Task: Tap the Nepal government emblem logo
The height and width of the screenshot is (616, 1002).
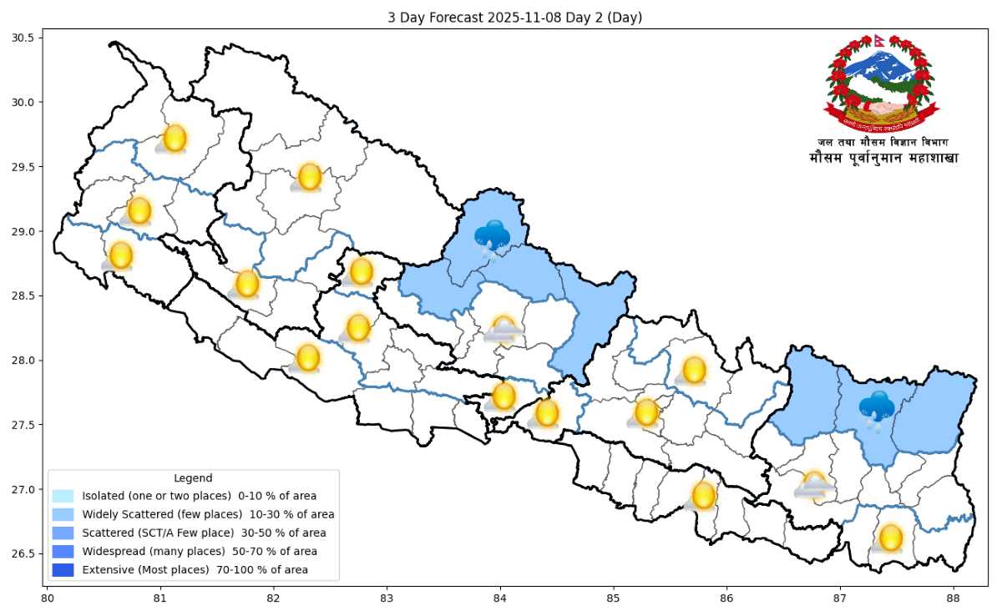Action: point(881,83)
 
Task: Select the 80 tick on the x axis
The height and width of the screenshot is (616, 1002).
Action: point(48,598)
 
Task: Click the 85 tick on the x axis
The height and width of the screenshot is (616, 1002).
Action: point(613,598)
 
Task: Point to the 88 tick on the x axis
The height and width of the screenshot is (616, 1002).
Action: point(953,598)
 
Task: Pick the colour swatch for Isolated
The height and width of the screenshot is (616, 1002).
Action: point(63,496)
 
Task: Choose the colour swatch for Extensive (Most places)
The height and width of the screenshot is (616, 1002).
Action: point(63,570)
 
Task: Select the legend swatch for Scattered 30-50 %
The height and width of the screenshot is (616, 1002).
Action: point(63,533)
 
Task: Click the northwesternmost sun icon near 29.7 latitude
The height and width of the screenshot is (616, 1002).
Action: point(175,139)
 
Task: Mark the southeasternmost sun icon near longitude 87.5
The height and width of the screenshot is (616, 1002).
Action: point(891,538)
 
